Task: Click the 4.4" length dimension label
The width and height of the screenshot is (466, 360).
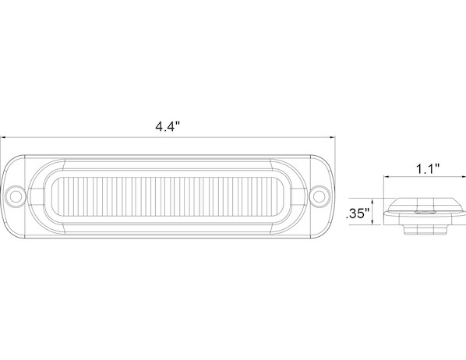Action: click(x=168, y=126)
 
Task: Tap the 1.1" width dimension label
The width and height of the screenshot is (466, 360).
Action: click(x=427, y=169)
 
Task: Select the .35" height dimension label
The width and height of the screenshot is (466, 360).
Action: click(x=358, y=214)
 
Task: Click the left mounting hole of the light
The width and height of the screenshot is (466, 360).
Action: click(x=16, y=196)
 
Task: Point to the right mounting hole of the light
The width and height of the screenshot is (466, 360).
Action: click(x=319, y=196)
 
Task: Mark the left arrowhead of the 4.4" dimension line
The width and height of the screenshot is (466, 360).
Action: click(x=3, y=137)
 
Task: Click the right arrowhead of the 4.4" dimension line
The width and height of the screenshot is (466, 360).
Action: click(x=333, y=137)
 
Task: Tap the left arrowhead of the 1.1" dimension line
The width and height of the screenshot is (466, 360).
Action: click(x=386, y=177)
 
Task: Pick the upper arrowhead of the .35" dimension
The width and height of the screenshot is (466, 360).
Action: click(x=372, y=201)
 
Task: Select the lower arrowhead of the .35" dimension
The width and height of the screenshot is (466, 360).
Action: click(x=372, y=222)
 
